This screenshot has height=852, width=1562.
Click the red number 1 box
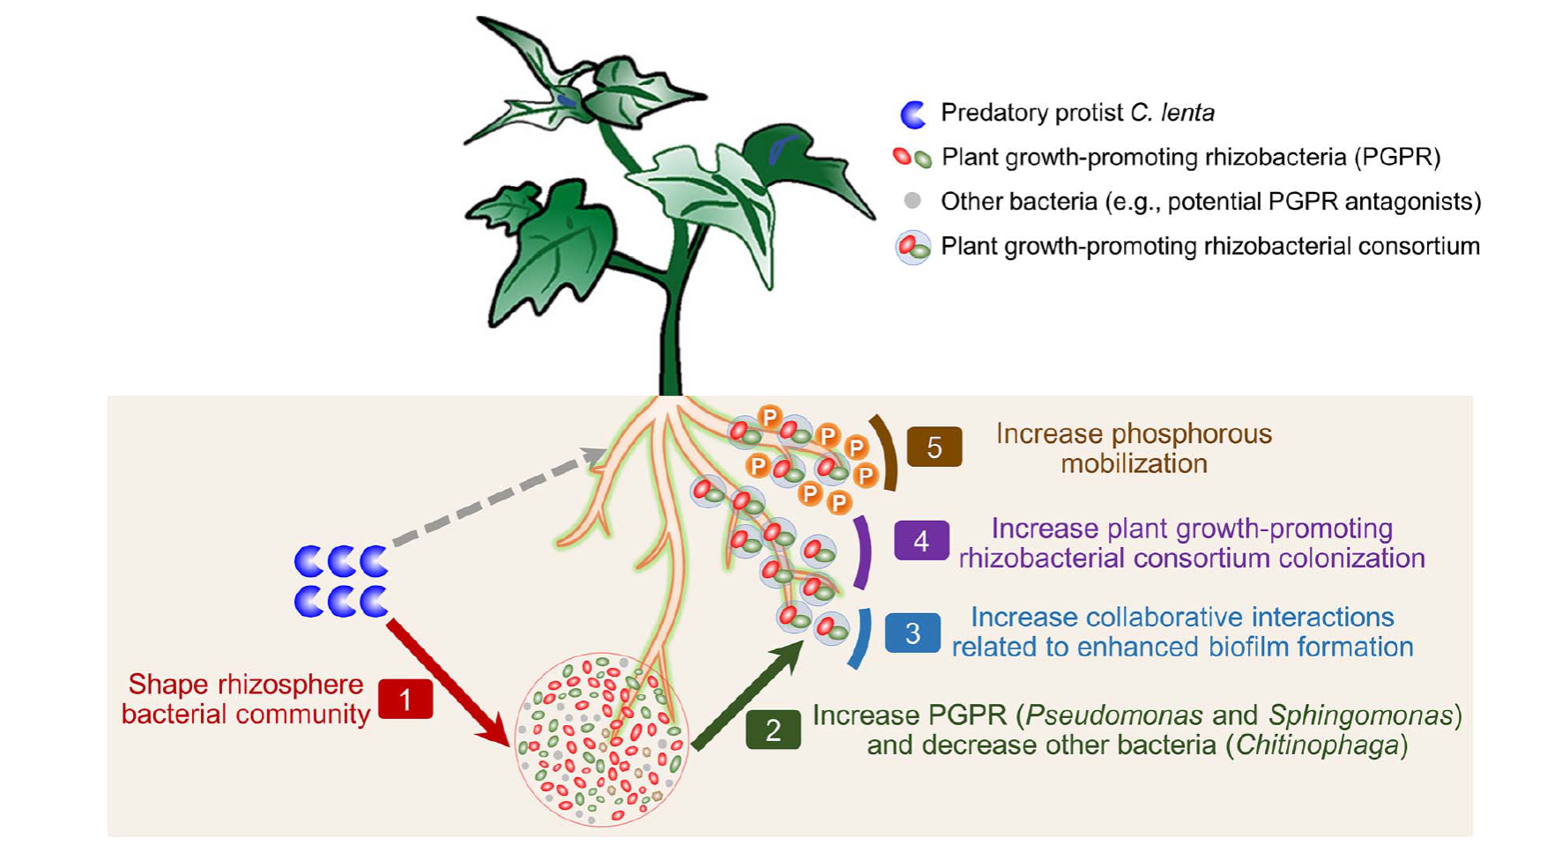point(405,700)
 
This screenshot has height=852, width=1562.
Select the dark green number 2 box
point(773,730)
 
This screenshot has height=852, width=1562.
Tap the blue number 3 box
point(912,633)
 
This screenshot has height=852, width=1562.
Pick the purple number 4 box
point(921,540)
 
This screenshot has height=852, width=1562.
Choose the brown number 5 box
point(934,448)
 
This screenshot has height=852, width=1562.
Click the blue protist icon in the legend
point(913,114)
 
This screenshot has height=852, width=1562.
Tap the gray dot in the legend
point(913,201)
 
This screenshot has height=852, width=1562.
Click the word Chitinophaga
point(1317,745)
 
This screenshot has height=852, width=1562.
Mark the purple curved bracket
point(865,552)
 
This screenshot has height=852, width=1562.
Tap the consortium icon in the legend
point(913,247)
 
